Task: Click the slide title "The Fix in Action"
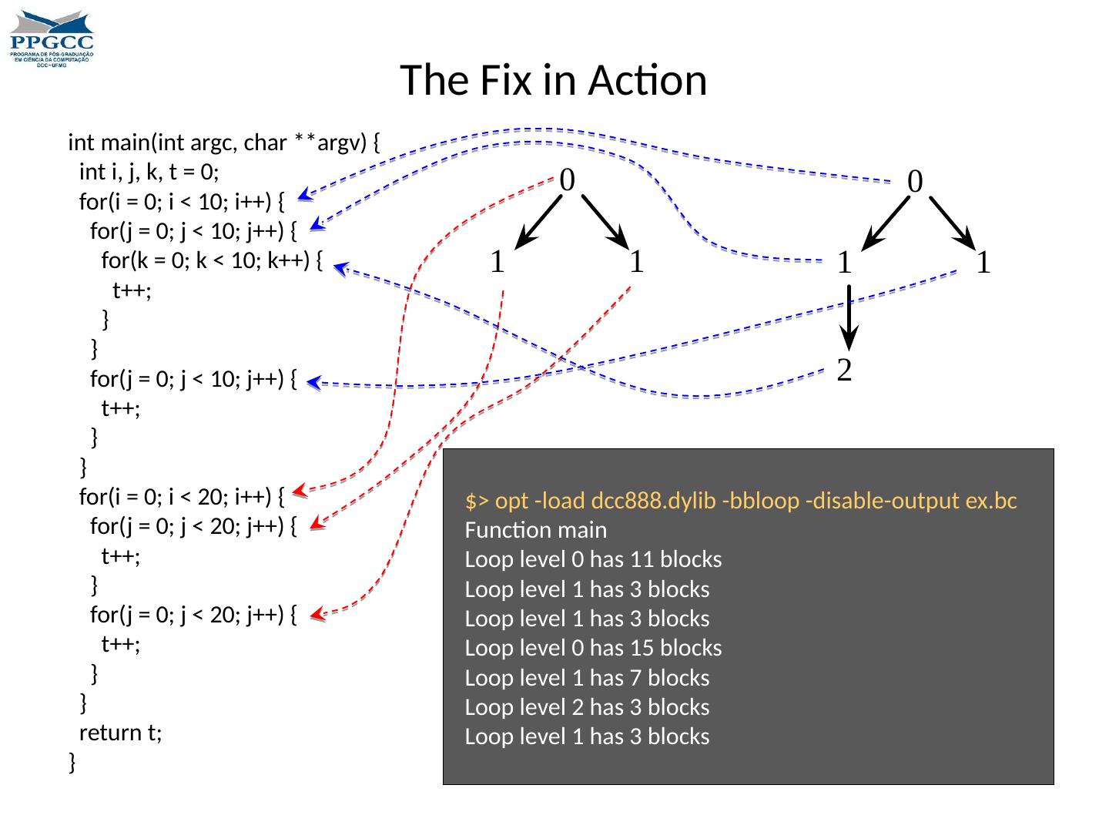(553, 80)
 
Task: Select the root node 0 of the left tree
(567, 180)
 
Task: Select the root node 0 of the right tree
(915, 182)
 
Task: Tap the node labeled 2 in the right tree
(845, 371)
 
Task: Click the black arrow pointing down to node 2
(848, 317)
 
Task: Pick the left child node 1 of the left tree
(498, 263)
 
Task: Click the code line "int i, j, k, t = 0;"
(149, 173)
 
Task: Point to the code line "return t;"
(121, 733)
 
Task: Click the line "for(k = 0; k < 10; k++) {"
(212, 261)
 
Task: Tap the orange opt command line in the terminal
(741, 502)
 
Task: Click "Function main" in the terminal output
(536, 531)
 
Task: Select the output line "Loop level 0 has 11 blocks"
(593, 560)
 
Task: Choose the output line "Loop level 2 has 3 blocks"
(587, 707)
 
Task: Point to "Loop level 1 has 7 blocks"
(587, 678)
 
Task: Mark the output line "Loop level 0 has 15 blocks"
(593, 649)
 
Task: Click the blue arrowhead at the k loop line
(340, 268)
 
